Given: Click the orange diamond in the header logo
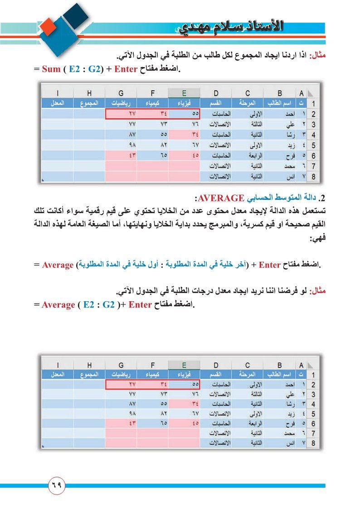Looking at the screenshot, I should point(48,29).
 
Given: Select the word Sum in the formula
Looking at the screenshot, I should point(51,70).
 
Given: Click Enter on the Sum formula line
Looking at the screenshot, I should point(128,70).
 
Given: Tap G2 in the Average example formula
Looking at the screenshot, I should point(108,304).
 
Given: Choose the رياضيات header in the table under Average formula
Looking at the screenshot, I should point(120,374).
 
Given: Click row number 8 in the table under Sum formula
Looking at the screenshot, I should point(313,177).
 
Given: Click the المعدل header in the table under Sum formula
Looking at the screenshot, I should point(57,103).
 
